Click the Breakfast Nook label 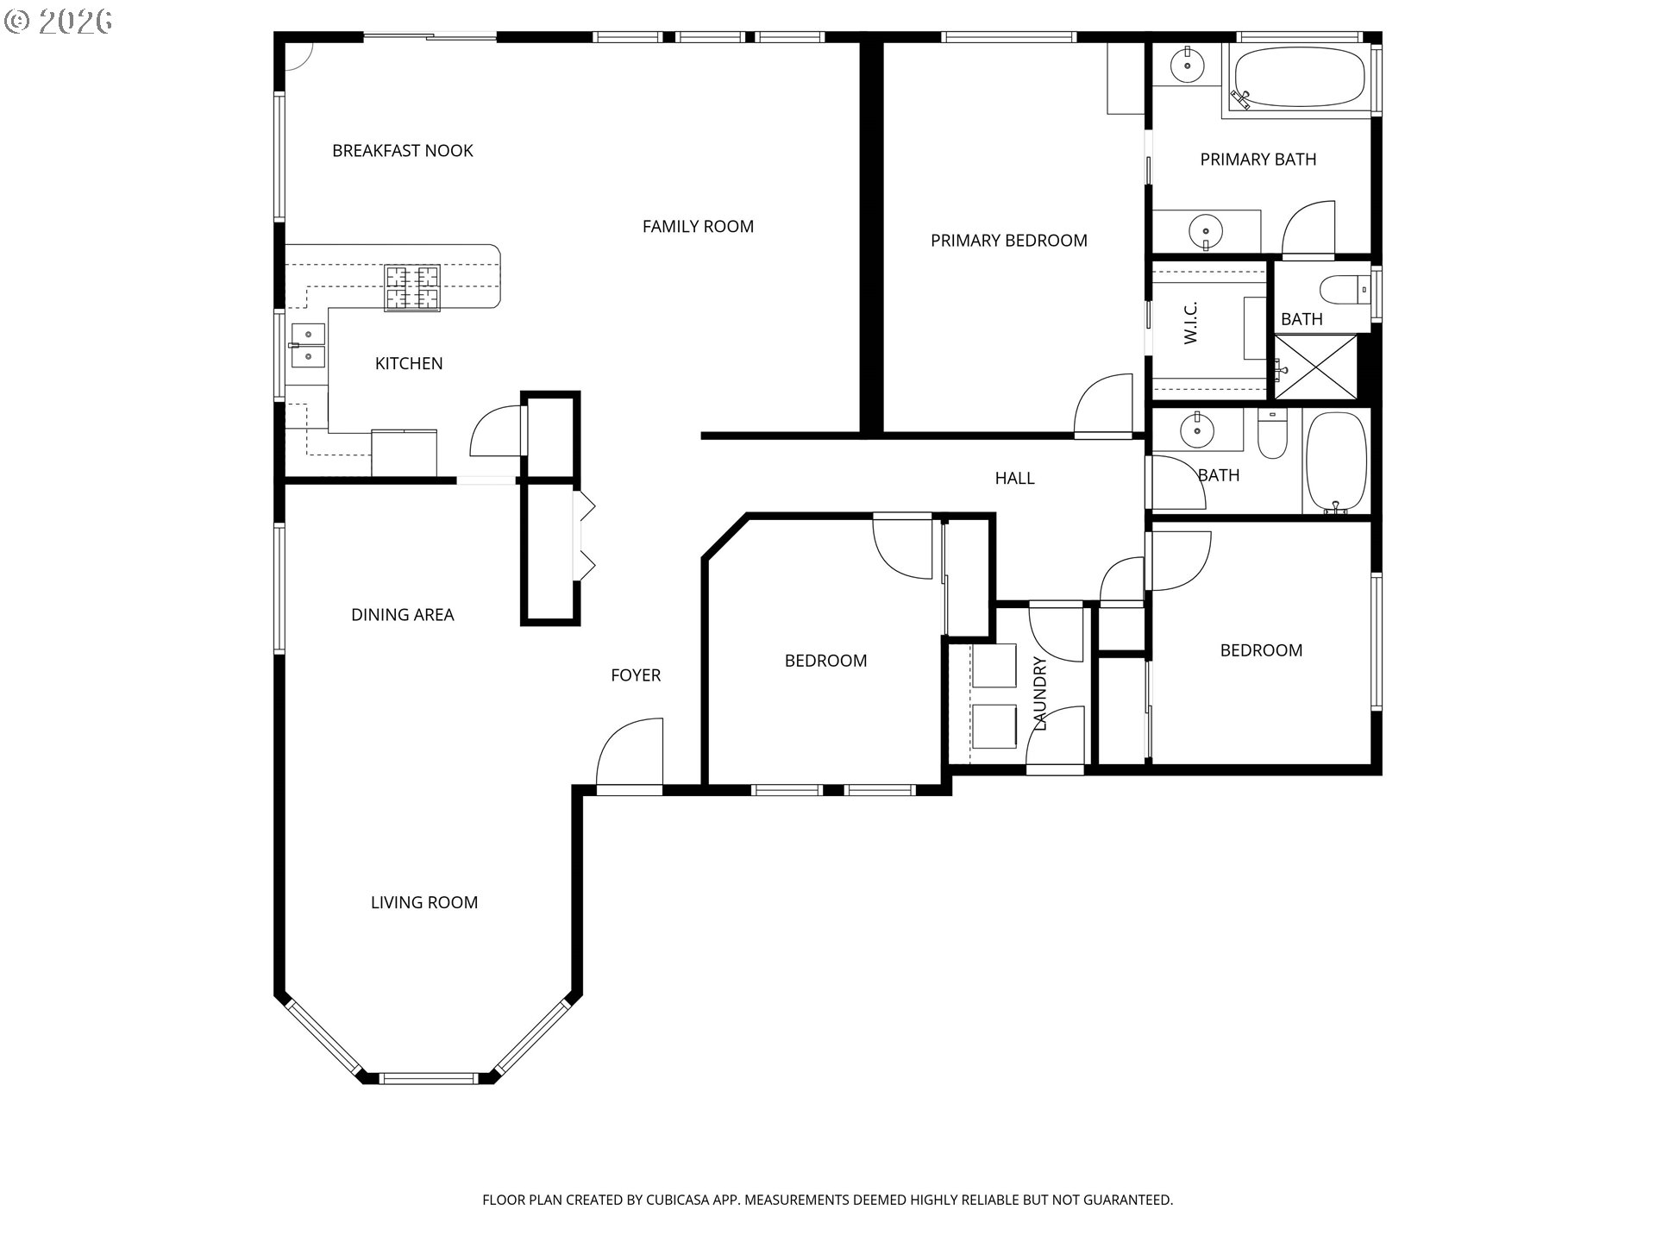point(403,151)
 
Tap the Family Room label point(698,227)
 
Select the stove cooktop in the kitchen point(412,287)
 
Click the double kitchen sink point(308,345)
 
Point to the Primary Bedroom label point(1008,241)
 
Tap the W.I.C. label point(1191,323)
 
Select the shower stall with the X point(1315,367)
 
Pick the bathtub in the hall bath point(1336,463)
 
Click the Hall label point(1014,479)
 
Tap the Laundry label point(1040,693)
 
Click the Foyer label point(636,675)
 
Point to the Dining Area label point(403,615)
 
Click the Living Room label point(424,903)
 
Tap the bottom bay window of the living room point(428,1078)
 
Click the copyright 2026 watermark point(59,22)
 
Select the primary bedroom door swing point(1103,405)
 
